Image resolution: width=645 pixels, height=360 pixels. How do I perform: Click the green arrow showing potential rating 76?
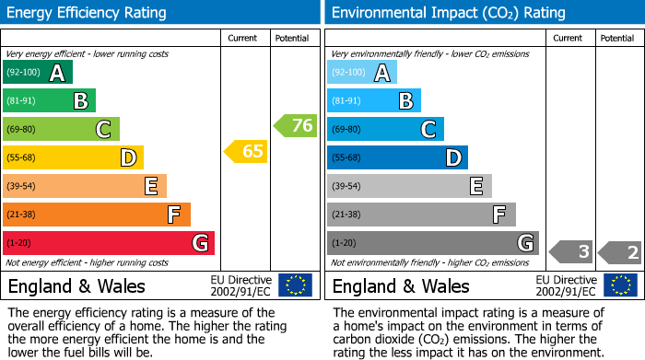pos(296,126)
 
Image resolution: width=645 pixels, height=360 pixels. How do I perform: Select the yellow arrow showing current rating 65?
pos(246,151)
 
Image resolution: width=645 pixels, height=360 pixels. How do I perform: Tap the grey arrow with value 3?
pos(571,251)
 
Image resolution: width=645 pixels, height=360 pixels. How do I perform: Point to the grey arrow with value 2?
pos(619,251)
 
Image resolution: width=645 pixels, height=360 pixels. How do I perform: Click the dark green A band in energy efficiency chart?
pos(37,73)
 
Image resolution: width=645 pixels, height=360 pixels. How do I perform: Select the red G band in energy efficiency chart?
pos(108,243)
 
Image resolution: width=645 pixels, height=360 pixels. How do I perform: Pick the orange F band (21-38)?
pos(97,215)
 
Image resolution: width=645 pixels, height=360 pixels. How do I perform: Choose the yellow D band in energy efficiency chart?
pos(73,157)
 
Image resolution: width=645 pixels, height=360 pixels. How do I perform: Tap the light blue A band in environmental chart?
pos(361,73)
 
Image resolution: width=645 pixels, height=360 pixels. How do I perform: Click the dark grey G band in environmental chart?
pos(432,243)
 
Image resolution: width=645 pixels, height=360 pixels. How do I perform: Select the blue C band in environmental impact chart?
pos(384,129)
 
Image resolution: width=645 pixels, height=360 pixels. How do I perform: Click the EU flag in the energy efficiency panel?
pos(295,285)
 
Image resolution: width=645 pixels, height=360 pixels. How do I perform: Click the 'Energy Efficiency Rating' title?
pos(88,13)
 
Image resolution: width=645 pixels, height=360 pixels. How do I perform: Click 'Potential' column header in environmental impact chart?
pos(617,38)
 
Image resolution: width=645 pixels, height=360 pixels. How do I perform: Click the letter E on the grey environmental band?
pos(475,186)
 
